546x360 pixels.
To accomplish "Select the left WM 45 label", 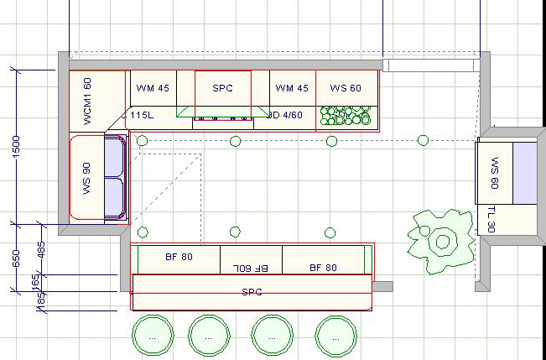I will [153, 87].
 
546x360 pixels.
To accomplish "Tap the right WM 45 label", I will [292, 87].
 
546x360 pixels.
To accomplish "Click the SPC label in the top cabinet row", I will [222, 87].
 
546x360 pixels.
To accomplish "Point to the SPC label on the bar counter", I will [252, 292].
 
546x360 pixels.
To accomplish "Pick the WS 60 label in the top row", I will [346, 87].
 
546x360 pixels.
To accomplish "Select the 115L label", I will [140, 114].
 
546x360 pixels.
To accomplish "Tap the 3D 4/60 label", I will [285, 114].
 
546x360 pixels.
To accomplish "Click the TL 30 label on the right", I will [491, 220].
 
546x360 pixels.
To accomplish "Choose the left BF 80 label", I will [179, 258].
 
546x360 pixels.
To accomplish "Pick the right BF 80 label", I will [323, 268].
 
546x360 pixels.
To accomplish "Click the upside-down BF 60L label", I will [250, 268].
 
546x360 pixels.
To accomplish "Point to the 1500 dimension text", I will [16, 146].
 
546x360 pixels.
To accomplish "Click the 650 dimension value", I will [16, 258].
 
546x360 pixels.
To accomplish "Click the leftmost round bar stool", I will [152, 335].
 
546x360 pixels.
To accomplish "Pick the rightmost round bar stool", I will [336, 335].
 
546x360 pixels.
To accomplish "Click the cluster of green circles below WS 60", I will [346, 117].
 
